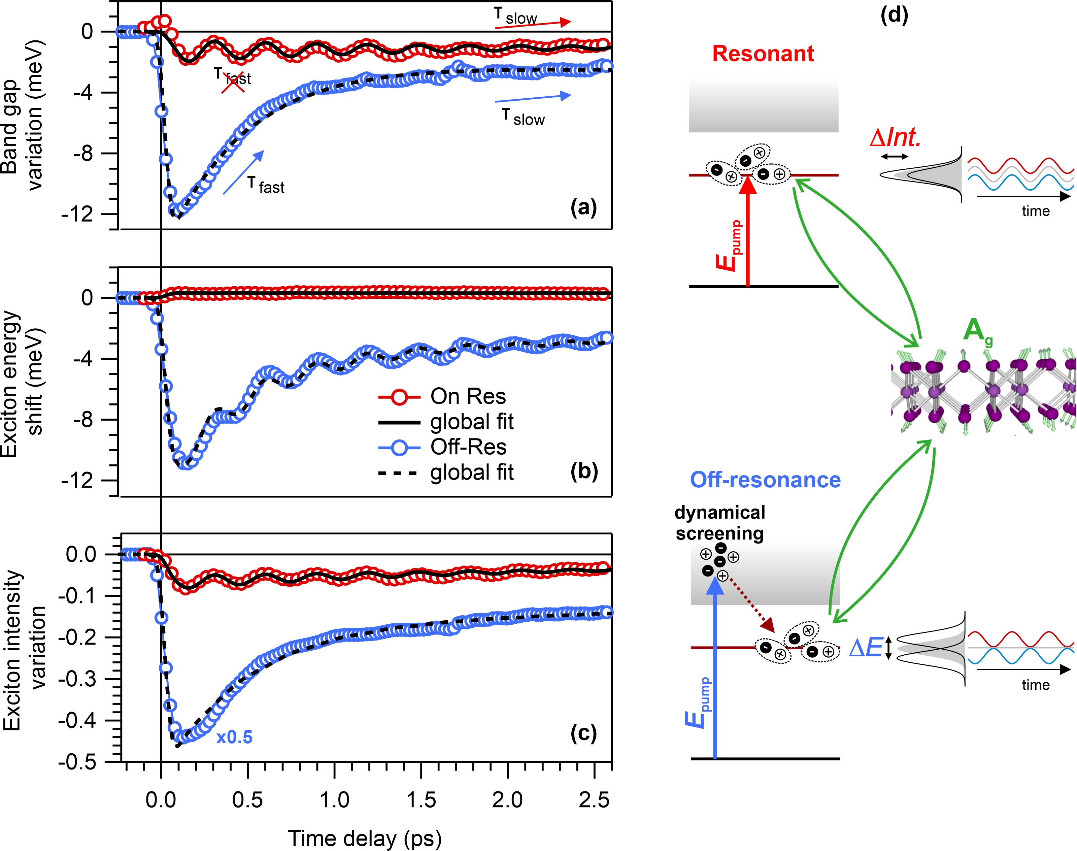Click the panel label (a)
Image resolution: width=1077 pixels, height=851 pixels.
(x=583, y=207)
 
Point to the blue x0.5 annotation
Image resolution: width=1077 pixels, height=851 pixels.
(x=234, y=737)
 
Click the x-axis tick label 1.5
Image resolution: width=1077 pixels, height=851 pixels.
(x=421, y=800)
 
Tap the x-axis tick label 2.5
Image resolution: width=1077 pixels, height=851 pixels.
(x=594, y=800)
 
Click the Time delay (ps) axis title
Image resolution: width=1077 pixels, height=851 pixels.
(x=364, y=839)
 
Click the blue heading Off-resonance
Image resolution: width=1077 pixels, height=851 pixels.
(x=765, y=480)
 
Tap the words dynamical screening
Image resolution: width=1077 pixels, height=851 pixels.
(x=720, y=523)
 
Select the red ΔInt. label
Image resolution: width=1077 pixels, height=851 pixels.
(x=895, y=137)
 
